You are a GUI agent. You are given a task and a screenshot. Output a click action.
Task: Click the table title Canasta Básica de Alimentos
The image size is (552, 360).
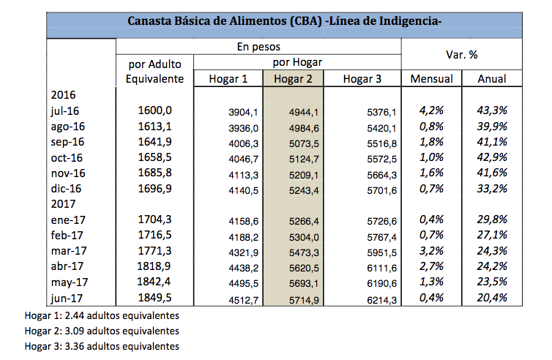[284, 20]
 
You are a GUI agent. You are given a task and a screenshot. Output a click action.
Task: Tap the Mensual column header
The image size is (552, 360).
[431, 79]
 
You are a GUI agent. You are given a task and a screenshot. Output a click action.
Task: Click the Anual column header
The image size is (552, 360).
[493, 79]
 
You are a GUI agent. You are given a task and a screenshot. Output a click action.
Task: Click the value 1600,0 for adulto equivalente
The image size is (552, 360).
[154, 110]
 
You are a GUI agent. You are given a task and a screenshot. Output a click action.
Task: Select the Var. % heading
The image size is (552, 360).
[463, 54]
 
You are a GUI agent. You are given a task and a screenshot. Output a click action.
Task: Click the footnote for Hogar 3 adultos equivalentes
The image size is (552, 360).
[102, 345]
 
